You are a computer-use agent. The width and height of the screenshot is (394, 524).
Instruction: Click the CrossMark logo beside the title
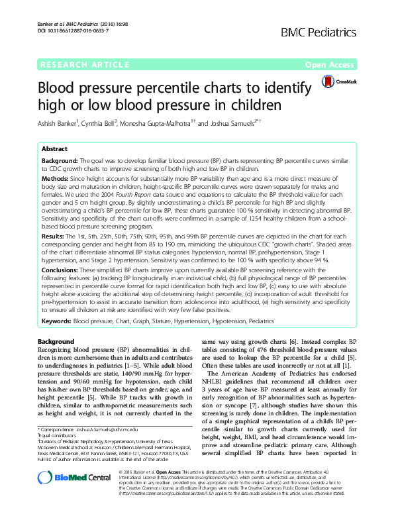[338, 81]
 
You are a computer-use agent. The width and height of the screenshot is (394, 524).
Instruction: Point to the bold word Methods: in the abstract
[56, 178]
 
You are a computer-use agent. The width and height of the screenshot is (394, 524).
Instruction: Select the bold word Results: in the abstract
[54, 236]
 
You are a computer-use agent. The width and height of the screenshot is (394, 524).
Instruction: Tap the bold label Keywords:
[57, 321]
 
